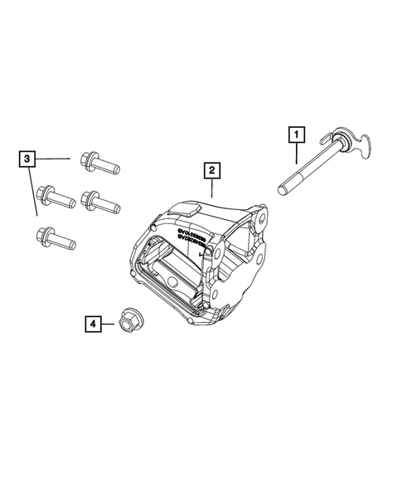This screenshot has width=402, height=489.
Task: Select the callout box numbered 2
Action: pos(212,172)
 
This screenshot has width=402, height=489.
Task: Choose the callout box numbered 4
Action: pos(92,325)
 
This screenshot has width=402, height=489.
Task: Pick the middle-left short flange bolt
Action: pos(57,196)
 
